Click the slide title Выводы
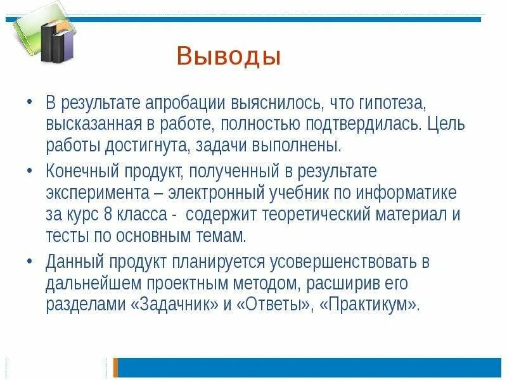click(228, 56)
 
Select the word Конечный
click(78, 171)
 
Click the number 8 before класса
click(110, 214)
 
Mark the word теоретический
click(307, 214)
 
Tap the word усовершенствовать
click(330, 261)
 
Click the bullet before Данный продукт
click(30, 261)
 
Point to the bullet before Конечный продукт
click(30, 171)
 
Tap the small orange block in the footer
click(116, 367)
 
